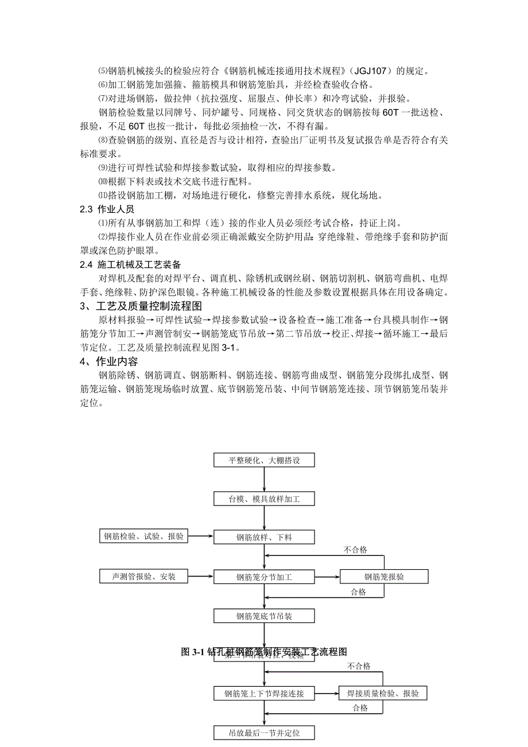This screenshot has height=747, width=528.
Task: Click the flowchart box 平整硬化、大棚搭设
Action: pos(264,460)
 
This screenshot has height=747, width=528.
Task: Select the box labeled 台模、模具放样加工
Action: pos(264,499)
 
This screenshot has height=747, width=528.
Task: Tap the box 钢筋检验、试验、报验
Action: pos(143,537)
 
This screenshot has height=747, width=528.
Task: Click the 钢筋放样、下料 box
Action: pos(264,538)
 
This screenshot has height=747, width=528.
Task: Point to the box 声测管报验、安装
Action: pos(143,576)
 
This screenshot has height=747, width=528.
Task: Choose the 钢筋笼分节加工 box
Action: pos(264,577)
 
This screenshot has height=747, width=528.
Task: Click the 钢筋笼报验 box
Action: pos(383,577)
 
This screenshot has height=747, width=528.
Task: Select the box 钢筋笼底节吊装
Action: pos(264,616)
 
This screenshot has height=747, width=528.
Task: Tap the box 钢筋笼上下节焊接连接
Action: pos(264,694)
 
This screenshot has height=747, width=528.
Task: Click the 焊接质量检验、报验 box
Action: pos(383,694)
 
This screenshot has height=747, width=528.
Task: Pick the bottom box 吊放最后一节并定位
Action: pos(264,733)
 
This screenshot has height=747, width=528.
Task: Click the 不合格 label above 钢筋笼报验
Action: pos(355,550)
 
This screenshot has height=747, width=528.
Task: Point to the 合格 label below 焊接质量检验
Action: pos(360,708)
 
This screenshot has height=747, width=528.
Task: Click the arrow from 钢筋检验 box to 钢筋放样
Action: pos(200,537)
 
